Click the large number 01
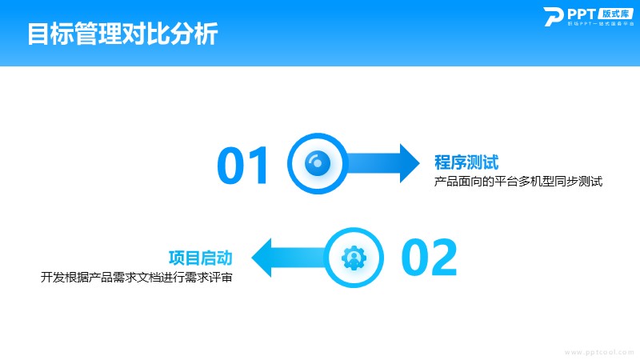coord(244,165)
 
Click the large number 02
coord(429,258)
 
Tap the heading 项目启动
coord(201,258)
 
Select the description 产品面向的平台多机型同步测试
coord(518,182)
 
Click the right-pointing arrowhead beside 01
coord(408,163)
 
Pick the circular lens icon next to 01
coord(317,163)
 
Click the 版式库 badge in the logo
coord(614,14)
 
